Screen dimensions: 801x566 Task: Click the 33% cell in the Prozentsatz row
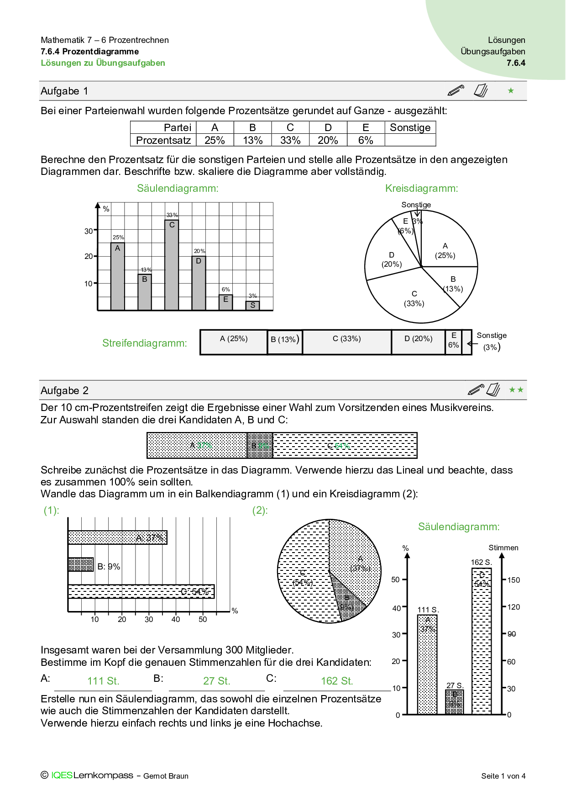[x=290, y=140]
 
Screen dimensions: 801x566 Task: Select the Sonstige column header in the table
[x=410, y=127]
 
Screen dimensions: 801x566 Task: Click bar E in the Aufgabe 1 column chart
[x=225, y=302]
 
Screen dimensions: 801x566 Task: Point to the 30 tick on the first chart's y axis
[x=89, y=231]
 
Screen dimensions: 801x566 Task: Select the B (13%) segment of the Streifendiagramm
[x=285, y=342]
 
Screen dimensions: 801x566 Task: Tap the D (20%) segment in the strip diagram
[x=418, y=342]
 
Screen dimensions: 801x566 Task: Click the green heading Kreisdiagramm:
[x=421, y=188]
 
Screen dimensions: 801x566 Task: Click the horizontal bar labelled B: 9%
[x=81, y=564]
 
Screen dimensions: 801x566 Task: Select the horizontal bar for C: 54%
[x=141, y=591]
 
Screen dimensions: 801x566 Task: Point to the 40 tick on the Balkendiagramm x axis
[x=176, y=619]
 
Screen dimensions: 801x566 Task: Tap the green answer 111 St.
[x=103, y=681]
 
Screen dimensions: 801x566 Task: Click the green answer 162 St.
[x=337, y=681]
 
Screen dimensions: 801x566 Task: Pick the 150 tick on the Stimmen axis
[x=514, y=580]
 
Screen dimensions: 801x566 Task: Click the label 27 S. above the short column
[x=455, y=685]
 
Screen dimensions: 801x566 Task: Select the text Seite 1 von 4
[x=503, y=776]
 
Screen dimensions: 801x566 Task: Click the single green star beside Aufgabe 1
[x=511, y=91]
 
